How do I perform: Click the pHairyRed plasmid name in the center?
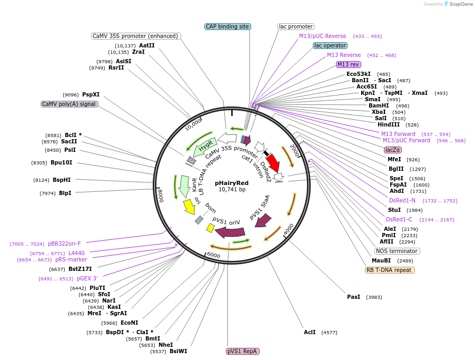(x=232, y=183)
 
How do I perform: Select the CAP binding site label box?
(x=227, y=26)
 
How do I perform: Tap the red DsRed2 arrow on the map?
(x=273, y=163)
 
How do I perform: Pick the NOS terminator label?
(x=397, y=251)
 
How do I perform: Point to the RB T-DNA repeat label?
(x=390, y=270)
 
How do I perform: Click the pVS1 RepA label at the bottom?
(x=243, y=351)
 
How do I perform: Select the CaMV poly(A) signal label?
(x=70, y=104)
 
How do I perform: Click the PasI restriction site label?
(x=353, y=297)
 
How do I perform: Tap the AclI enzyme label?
(x=310, y=332)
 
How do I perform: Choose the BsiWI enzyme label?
(x=178, y=351)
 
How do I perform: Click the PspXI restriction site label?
(x=91, y=94)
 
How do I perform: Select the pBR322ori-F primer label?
(x=64, y=244)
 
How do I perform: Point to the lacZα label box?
(x=392, y=150)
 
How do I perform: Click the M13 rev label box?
(x=348, y=64)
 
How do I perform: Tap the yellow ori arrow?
(x=188, y=206)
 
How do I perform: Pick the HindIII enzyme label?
(x=388, y=124)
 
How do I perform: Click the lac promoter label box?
(x=295, y=26)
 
